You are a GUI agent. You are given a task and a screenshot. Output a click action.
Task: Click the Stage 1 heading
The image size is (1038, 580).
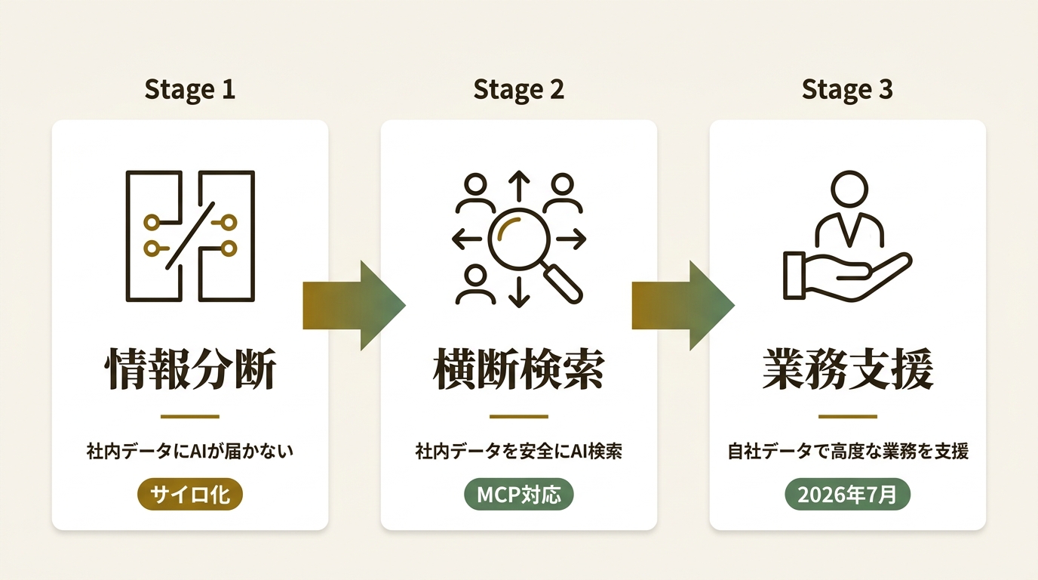(x=190, y=90)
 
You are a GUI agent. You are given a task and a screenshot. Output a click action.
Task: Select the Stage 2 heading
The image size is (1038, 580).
(x=518, y=90)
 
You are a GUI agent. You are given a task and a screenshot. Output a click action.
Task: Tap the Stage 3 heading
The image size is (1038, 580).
(x=847, y=90)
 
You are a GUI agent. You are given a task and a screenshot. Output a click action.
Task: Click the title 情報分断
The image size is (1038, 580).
(x=190, y=369)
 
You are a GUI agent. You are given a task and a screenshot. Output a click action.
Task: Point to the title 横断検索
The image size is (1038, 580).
(x=518, y=369)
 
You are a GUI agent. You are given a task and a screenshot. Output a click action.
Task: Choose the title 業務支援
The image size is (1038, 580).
(x=848, y=369)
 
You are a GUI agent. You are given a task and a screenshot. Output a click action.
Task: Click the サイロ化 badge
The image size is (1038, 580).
(x=190, y=495)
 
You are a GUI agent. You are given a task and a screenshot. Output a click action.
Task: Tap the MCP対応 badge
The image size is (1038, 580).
(x=518, y=495)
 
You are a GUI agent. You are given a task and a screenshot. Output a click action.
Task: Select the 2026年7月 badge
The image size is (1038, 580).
(x=848, y=495)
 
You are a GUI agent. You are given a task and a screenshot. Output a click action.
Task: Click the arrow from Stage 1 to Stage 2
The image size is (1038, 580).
(x=355, y=305)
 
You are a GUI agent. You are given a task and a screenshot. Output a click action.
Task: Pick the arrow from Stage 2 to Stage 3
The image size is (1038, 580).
(x=683, y=305)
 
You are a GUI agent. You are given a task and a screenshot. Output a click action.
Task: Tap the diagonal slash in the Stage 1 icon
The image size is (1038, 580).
(x=190, y=236)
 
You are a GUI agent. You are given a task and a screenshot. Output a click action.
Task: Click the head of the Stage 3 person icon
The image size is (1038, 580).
(x=849, y=190)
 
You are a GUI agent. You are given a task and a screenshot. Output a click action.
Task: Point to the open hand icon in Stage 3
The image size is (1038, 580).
(x=848, y=276)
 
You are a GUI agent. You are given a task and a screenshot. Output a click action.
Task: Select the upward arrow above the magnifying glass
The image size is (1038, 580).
(x=519, y=186)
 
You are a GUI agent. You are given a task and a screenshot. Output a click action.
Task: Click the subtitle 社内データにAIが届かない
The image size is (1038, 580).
(x=190, y=452)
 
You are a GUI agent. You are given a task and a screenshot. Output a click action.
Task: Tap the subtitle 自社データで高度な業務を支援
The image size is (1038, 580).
(x=848, y=452)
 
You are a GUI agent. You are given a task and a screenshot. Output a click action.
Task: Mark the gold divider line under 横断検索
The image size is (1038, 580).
(x=518, y=417)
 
